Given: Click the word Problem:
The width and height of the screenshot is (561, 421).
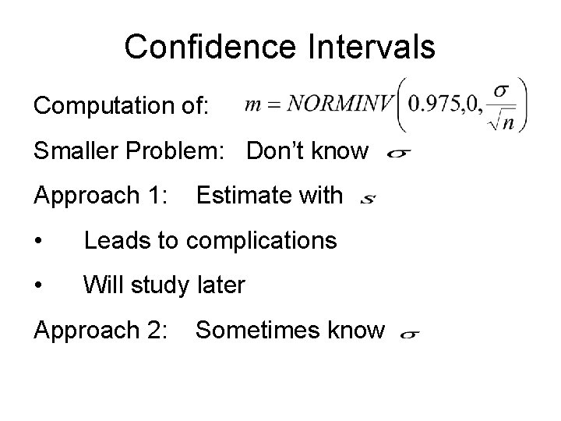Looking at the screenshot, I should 184,151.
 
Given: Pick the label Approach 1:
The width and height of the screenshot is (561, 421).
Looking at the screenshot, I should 101,196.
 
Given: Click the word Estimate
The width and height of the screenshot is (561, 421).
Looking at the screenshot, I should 242,196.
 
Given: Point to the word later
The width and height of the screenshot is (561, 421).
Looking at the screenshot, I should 220,286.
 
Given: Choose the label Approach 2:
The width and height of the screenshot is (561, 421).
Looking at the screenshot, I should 101,331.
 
